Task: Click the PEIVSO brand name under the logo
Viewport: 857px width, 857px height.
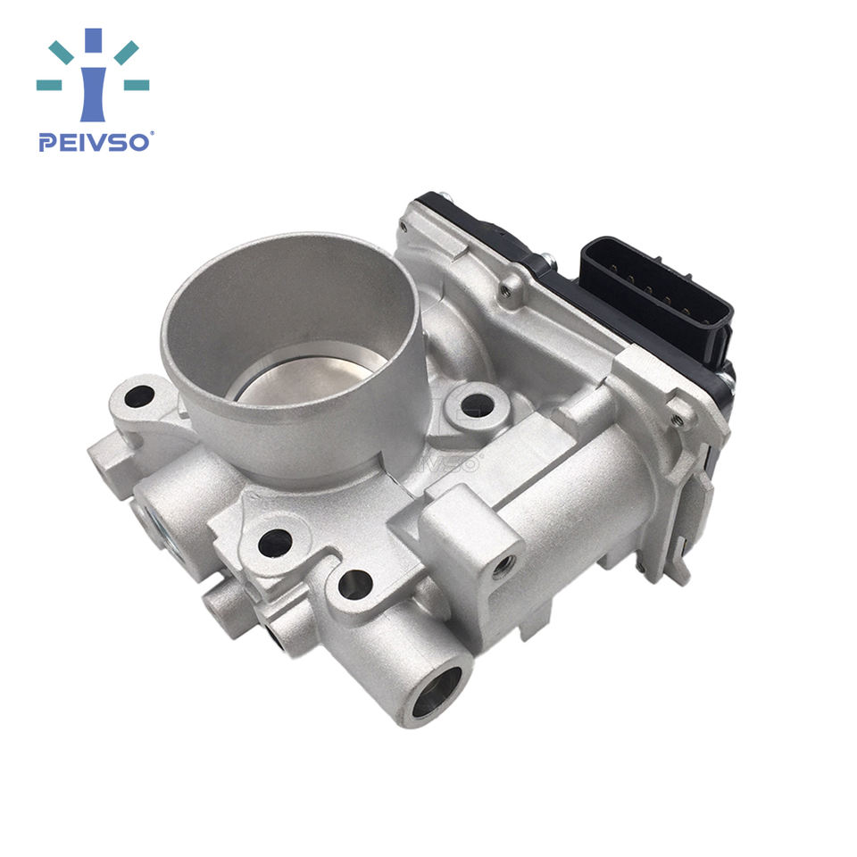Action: pos(94,142)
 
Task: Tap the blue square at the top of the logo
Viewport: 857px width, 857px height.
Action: pos(93,40)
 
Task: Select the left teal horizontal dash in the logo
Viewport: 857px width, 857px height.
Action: pos(48,85)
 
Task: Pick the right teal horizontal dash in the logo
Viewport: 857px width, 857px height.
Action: pos(137,85)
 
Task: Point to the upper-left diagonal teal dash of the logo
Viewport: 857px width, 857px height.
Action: pos(61,53)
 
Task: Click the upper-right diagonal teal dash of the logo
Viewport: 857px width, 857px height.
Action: pos(126,53)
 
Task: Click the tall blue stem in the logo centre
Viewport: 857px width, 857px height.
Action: pos(93,94)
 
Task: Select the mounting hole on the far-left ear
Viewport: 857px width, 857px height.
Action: pos(139,396)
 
